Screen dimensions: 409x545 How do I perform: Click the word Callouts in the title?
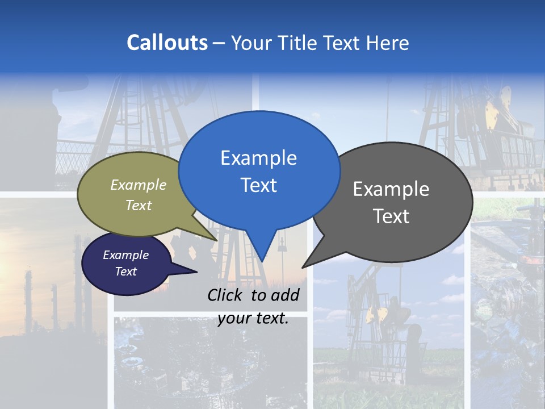pos(167,43)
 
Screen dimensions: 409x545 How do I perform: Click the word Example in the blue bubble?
pos(258,158)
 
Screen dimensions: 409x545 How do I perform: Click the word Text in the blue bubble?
pos(258,185)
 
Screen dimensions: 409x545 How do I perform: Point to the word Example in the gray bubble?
pos(391,189)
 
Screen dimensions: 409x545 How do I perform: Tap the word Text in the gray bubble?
pos(391,216)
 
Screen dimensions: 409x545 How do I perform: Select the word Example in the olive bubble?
pos(139,185)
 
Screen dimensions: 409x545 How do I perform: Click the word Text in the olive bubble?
pos(139,205)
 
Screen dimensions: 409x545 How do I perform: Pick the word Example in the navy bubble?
pos(125,255)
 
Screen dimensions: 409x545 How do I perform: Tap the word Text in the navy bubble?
pos(125,272)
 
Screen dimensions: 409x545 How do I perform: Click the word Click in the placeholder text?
pos(226,295)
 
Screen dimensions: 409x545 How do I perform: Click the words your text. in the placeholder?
pos(253,318)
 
